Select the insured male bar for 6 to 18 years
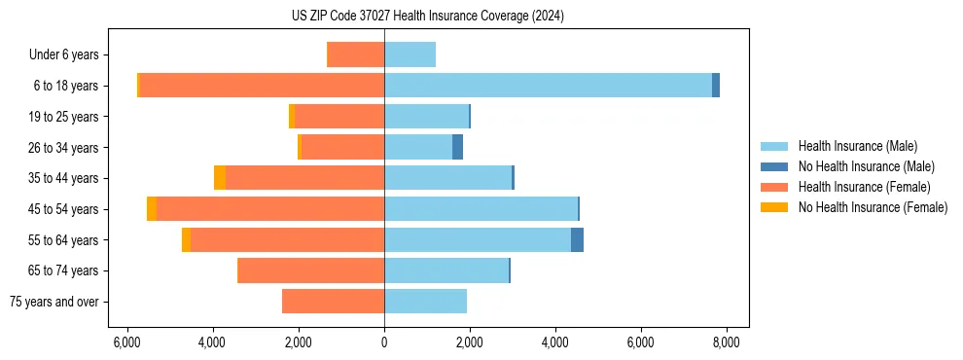click(548, 86)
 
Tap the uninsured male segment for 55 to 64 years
click(577, 239)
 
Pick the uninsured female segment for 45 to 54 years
click(152, 209)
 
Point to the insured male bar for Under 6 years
click(410, 54)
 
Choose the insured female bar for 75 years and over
click(333, 302)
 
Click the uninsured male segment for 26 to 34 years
click(457, 147)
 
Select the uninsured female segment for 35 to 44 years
click(220, 178)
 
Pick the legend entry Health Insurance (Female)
click(864, 187)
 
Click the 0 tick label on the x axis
click(384, 342)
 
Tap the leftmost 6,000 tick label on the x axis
click(126, 342)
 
